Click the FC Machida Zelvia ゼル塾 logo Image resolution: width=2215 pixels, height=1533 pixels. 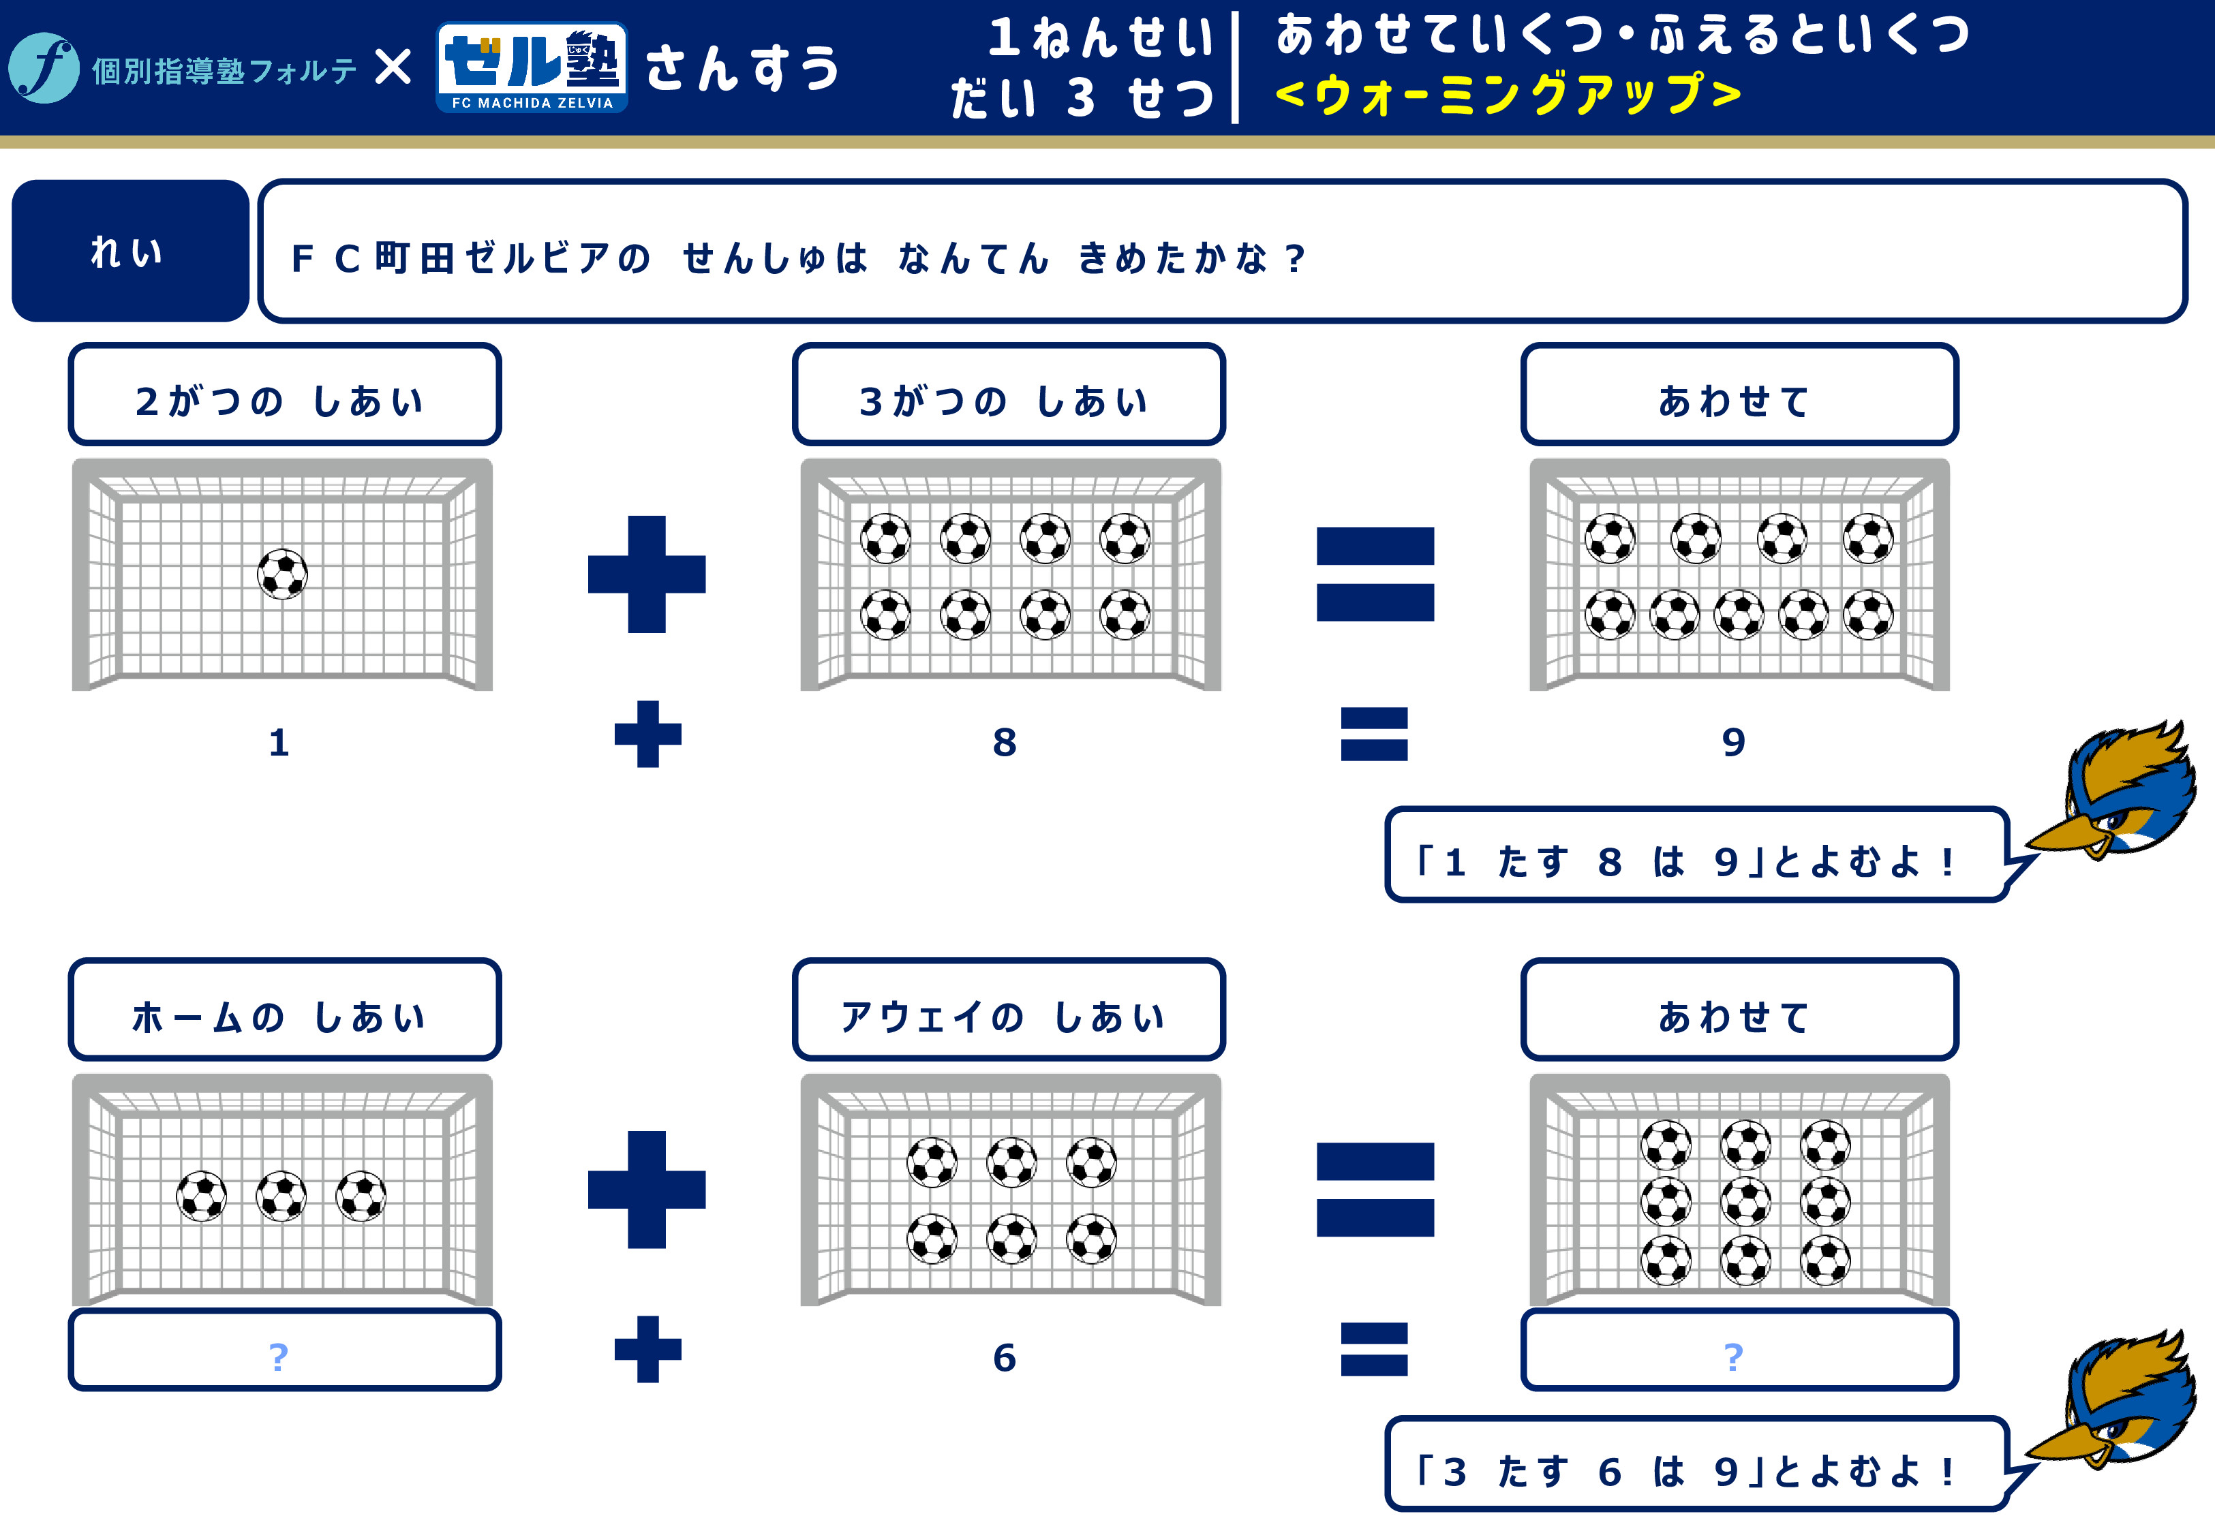point(532,67)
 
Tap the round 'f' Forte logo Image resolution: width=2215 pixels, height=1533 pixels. point(43,67)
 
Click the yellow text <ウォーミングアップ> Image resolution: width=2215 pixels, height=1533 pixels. point(1508,94)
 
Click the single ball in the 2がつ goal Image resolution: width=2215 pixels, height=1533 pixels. point(282,574)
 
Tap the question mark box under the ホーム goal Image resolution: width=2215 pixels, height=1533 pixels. point(284,1350)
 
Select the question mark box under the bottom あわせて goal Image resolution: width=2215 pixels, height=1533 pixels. point(1739,1350)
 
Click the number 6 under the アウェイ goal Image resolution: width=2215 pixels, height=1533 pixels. point(1005,1357)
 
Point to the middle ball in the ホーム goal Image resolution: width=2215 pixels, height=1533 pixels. point(281,1196)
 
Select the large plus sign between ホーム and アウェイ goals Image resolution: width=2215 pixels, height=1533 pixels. point(647,1189)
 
